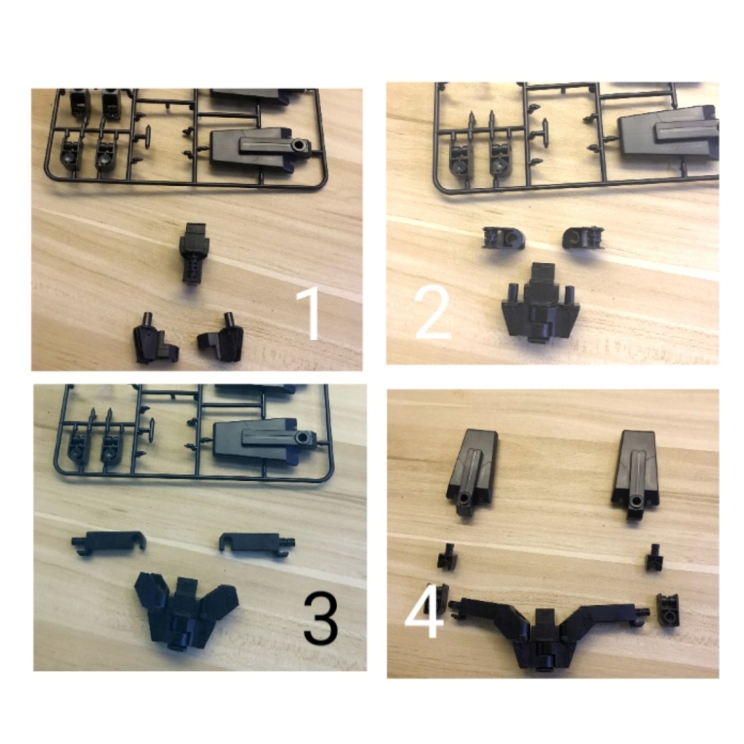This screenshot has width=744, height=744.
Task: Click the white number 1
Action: (x=310, y=314)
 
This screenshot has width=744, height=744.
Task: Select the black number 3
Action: (x=320, y=618)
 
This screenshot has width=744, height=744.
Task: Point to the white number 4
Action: (x=424, y=612)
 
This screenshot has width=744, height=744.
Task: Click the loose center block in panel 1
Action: (x=195, y=251)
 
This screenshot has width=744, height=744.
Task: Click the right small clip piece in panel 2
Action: (x=583, y=237)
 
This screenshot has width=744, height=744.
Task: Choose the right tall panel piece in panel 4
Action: (x=636, y=471)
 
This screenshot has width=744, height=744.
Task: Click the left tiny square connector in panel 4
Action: (x=446, y=558)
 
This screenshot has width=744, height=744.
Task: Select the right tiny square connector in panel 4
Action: (x=654, y=559)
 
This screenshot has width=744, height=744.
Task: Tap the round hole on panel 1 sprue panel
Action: (x=298, y=146)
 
